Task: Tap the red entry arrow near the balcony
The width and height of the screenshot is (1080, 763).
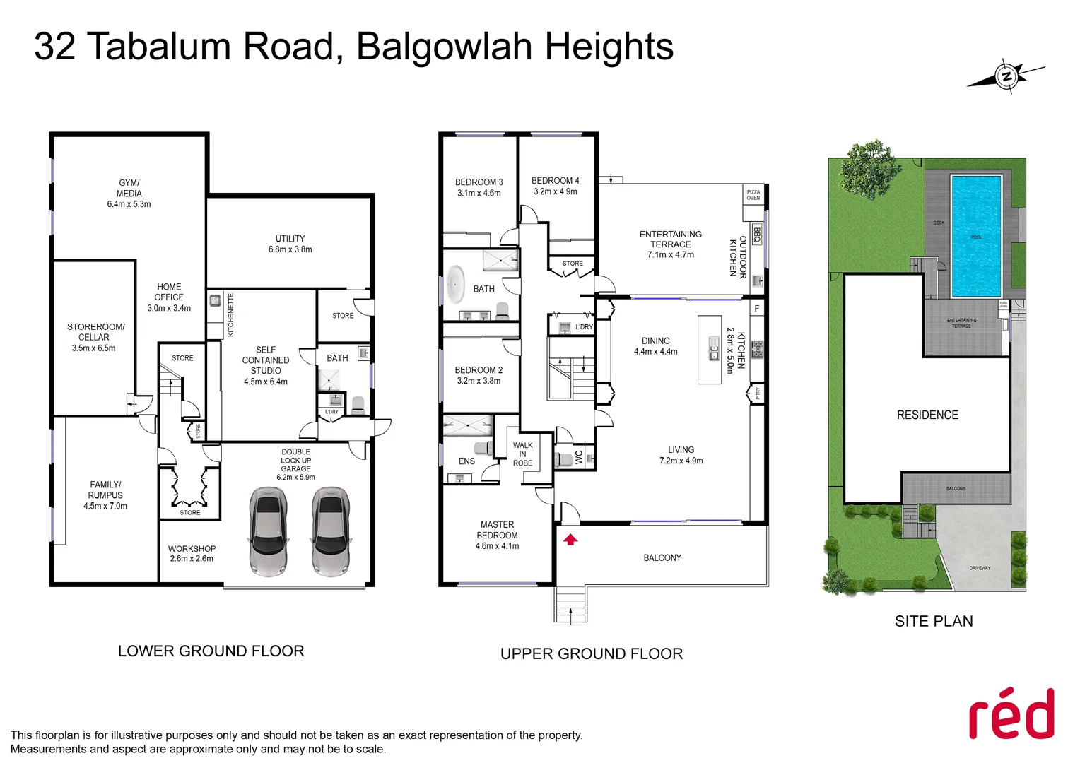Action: click(x=570, y=540)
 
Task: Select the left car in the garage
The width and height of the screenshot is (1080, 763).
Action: click(x=268, y=531)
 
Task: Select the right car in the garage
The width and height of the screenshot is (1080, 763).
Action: click(x=330, y=531)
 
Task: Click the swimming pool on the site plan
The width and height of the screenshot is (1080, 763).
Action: click(x=976, y=236)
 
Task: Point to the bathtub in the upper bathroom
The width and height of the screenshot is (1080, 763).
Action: click(x=456, y=285)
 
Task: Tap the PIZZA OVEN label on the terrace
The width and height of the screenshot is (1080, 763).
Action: click(x=753, y=195)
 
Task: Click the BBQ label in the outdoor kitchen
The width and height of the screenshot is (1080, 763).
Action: click(x=756, y=235)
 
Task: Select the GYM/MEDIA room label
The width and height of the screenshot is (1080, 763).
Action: click(x=129, y=193)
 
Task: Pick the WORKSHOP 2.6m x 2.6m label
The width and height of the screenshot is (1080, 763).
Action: click(x=192, y=553)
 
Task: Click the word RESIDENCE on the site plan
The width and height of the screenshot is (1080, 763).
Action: click(x=927, y=415)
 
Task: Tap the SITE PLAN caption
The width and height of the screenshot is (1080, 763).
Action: click(x=933, y=621)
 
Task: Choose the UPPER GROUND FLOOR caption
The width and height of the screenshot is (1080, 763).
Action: click(x=592, y=653)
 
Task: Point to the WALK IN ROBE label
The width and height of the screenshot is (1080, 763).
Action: click(x=523, y=454)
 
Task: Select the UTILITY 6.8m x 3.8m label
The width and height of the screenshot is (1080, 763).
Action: click(x=290, y=244)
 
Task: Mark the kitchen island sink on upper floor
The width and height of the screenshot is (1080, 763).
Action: click(x=714, y=349)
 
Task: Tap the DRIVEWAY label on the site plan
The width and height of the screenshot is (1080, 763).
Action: click(x=980, y=568)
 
